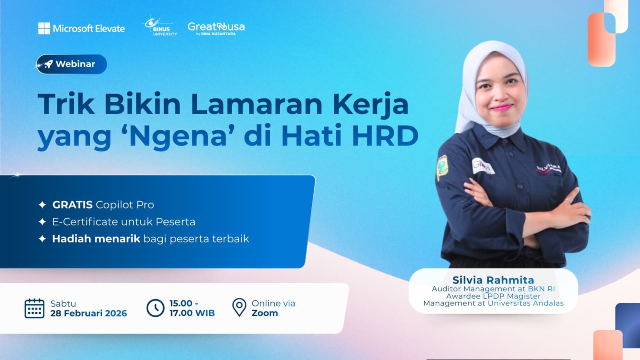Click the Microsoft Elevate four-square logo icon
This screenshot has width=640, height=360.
44,28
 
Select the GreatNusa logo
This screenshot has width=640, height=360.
216,28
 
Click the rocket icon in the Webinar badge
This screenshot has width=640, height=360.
48,64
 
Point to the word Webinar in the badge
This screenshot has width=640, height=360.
75,64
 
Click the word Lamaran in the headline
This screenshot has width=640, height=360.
256,104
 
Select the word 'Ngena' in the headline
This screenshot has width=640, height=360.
178,136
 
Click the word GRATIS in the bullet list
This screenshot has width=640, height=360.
72,205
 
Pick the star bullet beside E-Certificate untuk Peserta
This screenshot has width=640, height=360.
42,222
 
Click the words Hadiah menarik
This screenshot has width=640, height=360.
96,239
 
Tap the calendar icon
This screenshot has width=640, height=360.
34,308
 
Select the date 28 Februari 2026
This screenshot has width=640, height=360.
88,313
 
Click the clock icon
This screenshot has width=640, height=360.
155,308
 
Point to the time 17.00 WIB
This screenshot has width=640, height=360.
192,313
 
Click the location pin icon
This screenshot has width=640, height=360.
239,307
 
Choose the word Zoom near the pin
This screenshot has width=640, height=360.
264,313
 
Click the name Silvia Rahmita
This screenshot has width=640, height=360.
493,280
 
